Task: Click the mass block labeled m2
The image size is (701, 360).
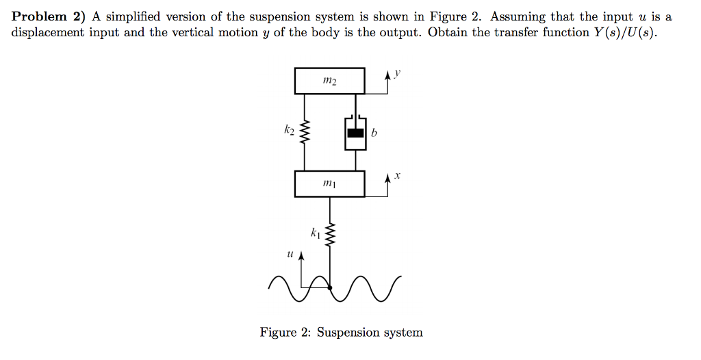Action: [x=329, y=81]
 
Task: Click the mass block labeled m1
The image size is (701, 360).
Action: [x=329, y=183]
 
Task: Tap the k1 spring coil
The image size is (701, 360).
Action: [x=330, y=235]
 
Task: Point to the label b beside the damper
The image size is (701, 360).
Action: [x=374, y=133]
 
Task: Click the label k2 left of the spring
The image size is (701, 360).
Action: [x=290, y=128]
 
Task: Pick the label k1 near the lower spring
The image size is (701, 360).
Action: [x=314, y=233]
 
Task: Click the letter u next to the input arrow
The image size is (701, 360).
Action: [x=290, y=254]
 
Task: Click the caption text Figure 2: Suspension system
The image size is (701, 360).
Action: [x=341, y=333]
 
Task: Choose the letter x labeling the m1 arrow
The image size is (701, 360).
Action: [x=398, y=176]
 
